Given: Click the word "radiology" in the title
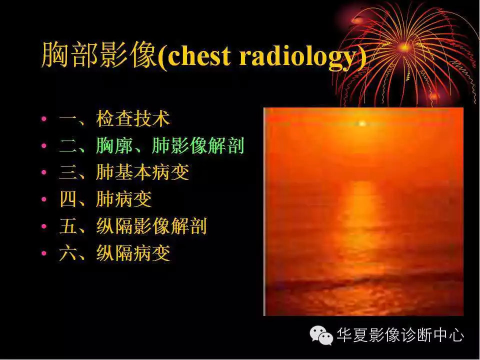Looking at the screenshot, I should click(x=295, y=56).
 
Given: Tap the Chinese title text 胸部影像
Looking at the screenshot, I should click(x=99, y=55).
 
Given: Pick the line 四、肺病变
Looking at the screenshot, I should click(x=105, y=199).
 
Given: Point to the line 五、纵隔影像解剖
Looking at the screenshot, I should click(x=133, y=226).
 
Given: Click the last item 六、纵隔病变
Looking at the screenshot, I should click(x=115, y=253).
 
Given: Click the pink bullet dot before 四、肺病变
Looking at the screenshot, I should click(x=44, y=199).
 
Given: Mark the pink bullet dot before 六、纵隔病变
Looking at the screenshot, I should click(x=44, y=253).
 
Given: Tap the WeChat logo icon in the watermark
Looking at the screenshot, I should click(x=321, y=334).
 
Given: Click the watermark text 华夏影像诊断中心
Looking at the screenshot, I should click(x=400, y=334).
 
